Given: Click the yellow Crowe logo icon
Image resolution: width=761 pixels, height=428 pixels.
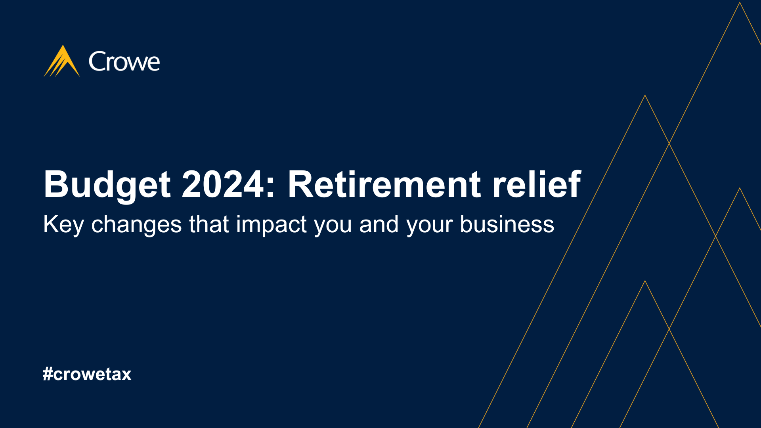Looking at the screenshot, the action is pos(62,61).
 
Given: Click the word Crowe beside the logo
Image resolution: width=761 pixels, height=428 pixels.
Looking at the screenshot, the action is pos(124,61).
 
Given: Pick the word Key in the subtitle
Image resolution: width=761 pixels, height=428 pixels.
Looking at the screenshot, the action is pos(63,225).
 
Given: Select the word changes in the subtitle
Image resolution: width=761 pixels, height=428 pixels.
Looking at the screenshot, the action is pos(136,225).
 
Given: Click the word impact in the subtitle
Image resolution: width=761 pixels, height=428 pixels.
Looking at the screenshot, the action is pos(272,225).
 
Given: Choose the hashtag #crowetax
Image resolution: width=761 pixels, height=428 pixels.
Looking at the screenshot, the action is pos(87,374).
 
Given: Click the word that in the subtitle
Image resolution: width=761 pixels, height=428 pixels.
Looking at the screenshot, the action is pos(209,224).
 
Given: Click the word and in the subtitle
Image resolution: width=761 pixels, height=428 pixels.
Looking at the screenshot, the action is pos(379,224).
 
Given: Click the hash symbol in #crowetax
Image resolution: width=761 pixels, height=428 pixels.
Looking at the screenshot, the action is pos(48,374).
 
